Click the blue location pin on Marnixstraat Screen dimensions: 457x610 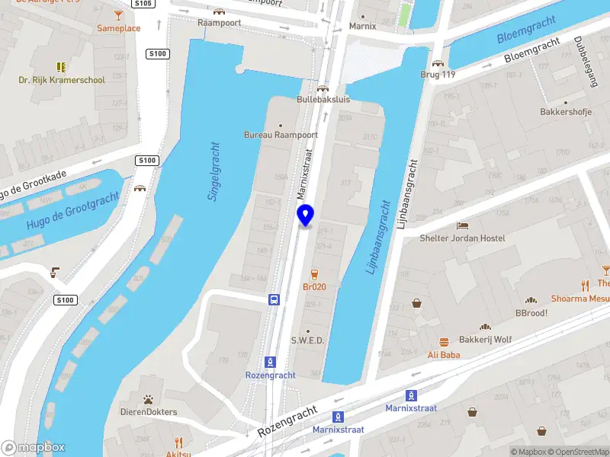(x=306, y=216)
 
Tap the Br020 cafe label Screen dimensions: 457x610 (x=314, y=286)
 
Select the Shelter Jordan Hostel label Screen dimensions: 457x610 (x=462, y=238)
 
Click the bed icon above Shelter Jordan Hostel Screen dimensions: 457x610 (x=462, y=226)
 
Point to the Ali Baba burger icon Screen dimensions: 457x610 (x=444, y=342)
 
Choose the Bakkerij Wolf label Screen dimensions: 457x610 (x=485, y=340)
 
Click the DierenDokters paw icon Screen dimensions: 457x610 (x=149, y=399)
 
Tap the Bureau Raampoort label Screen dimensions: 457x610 (x=281, y=135)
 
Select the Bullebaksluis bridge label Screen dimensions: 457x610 (x=323, y=100)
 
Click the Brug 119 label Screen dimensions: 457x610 (x=438, y=75)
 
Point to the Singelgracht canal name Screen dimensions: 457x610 (x=214, y=171)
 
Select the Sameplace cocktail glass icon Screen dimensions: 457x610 (x=118, y=15)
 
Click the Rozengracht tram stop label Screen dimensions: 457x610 (x=270, y=375)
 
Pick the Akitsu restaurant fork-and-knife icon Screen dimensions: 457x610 (x=178, y=442)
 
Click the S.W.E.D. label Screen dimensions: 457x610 (x=308, y=340)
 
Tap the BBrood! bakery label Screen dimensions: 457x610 (x=532, y=313)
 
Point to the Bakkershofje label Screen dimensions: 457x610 (x=565, y=112)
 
